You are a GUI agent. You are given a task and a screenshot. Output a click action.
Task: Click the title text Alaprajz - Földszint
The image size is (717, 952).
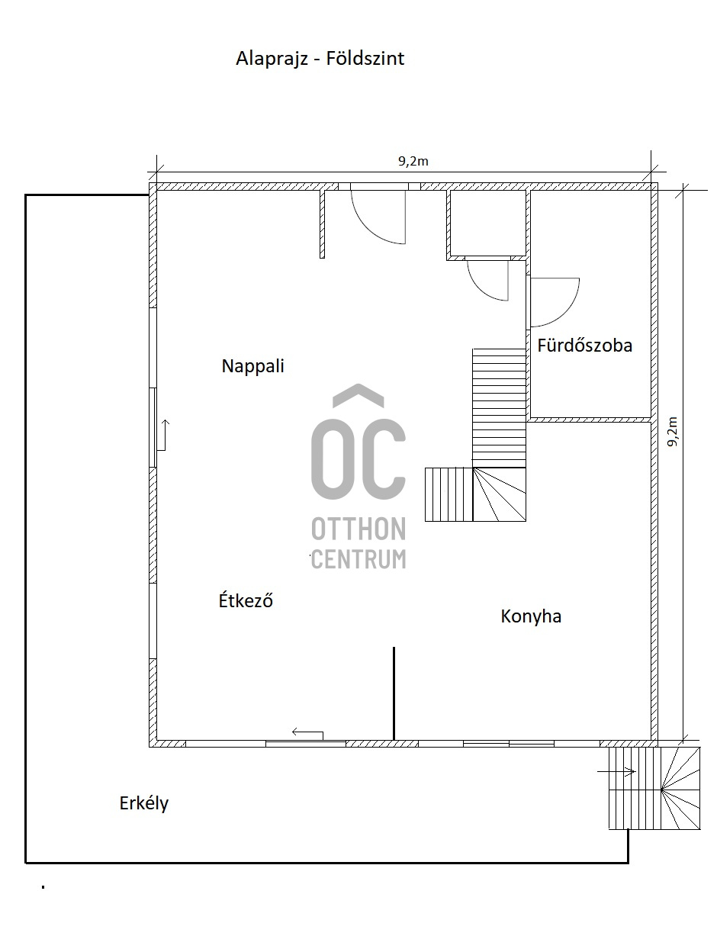click(x=320, y=59)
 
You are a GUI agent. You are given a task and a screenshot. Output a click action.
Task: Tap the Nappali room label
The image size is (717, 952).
click(x=252, y=366)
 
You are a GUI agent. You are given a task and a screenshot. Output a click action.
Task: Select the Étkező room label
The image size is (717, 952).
click(x=246, y=600)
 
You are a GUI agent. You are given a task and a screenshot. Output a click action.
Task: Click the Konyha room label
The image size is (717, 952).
click(x=531, y=616)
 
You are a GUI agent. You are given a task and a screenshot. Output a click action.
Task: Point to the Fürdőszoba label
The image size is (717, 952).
click(x=584, y=346)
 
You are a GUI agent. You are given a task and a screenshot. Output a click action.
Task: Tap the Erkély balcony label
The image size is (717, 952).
click(x=143, y=803)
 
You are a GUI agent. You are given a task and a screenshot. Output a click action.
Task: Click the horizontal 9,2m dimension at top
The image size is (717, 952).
click(x=413, y=162)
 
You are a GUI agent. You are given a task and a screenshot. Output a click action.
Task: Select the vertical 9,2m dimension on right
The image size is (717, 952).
click(x=672, y=432)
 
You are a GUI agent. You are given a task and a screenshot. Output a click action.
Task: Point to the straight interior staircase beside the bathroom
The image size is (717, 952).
click(x=499, y=407)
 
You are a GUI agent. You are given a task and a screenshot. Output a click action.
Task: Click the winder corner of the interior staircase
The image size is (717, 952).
click(x=499, y=494)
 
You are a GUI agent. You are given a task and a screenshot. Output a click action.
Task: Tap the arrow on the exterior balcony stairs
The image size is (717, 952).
click(x=616, y=771)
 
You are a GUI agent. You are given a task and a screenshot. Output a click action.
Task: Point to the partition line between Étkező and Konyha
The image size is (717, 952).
click(x=394, y=693)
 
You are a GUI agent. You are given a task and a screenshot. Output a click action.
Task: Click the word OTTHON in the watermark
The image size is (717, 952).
click(x=358, y=529)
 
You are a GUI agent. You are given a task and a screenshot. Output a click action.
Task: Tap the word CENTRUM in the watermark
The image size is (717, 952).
click(x=358, y=559)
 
